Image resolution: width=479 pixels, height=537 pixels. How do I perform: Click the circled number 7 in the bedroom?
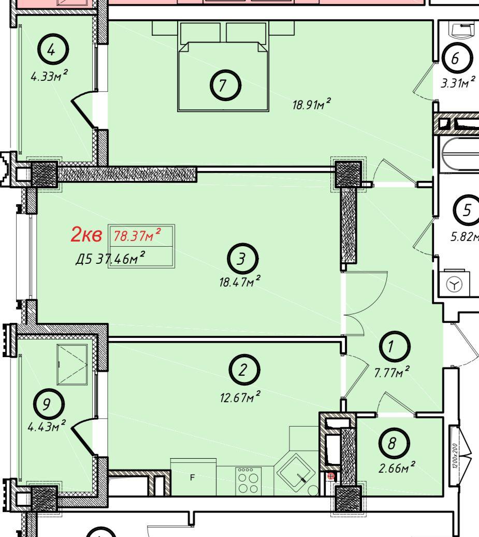[x=225, y=86]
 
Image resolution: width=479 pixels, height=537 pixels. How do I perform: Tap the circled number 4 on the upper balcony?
[x=53, y=49]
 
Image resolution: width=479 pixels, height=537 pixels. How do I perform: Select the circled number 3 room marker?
[x=242, y=259]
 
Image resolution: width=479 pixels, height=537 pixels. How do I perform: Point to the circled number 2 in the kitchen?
[x=244, y=370]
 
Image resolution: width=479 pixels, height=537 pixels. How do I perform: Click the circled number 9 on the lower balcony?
[x=49, y=404]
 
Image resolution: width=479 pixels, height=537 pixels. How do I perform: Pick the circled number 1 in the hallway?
[x=395, y=346]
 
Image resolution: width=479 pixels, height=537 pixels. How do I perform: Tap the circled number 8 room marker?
[x=394, y=444]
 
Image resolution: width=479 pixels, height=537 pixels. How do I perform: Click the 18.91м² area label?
[x=311, y=104]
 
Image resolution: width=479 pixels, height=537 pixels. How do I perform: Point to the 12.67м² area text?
[x=240, y=397]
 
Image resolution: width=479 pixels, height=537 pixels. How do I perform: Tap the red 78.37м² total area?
[x=137, y=235]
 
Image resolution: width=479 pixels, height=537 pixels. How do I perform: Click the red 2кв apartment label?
[x=86, y=235]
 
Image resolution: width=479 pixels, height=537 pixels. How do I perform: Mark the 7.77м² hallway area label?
[x=392, y=372]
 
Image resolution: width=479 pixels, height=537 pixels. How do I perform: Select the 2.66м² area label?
[x=397, y=467]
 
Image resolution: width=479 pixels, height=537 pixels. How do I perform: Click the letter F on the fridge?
[x=192, y=477]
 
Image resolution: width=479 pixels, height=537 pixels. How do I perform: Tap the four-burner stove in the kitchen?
[x=249, y=481]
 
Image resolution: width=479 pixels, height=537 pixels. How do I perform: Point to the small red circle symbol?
[x=331, y=476]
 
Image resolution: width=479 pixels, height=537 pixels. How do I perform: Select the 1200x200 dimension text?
[x=454, y=456]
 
